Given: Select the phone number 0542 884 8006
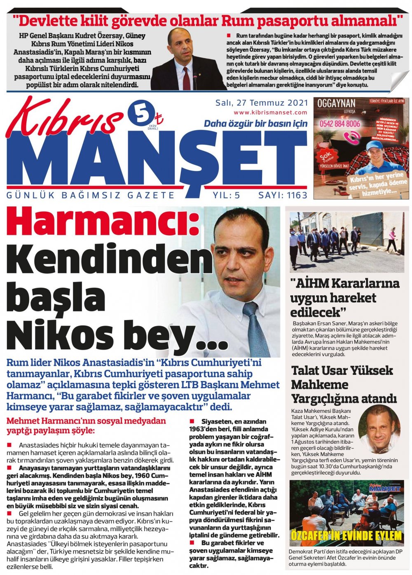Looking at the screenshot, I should pyautogui.click(x=339, y=124).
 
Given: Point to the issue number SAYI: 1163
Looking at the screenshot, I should pyautogui.click(x=283, y=195).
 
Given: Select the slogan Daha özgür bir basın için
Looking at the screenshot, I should pyautogui.click(x=255, y=124).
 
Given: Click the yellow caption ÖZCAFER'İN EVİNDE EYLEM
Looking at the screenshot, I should pyautogui.click(x=346, y=536).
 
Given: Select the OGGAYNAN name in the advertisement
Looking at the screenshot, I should pyautogui.click(x=336, y=103).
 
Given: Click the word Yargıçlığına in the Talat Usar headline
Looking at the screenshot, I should pyautogui.click(x=324, y=399).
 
